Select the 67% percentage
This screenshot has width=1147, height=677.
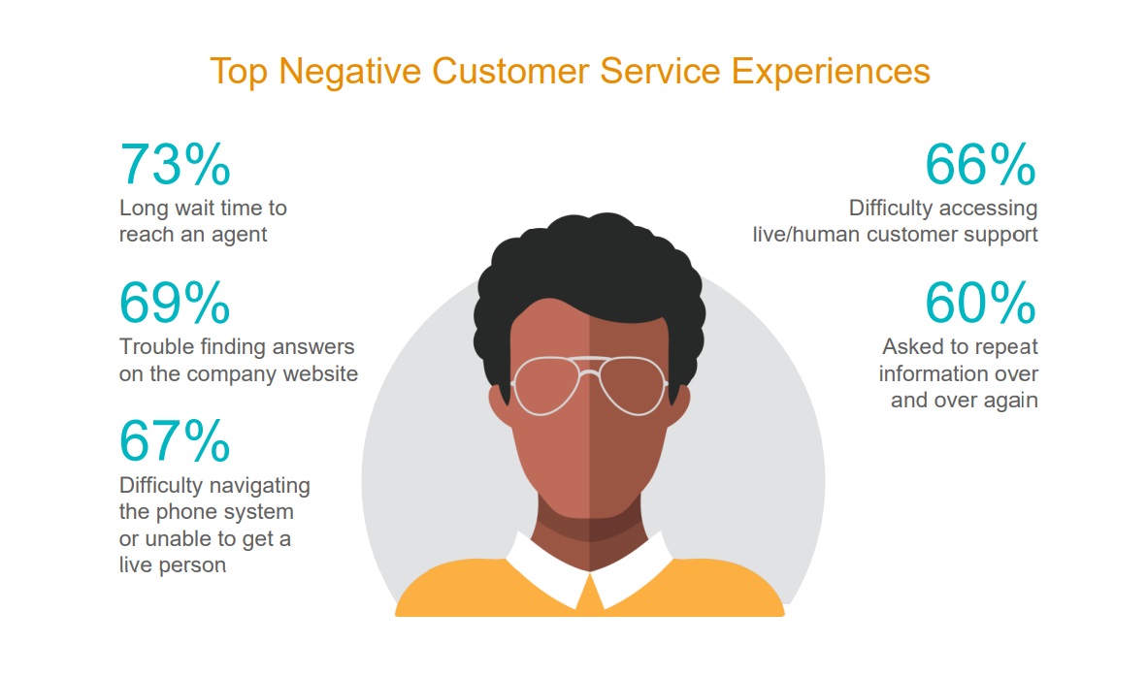point(175,441)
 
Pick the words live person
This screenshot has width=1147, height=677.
point(173,564)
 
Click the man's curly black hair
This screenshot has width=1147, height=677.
point(592,262)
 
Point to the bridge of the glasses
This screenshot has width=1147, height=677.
point(590,367)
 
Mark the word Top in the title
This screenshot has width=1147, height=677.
point(237,71)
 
